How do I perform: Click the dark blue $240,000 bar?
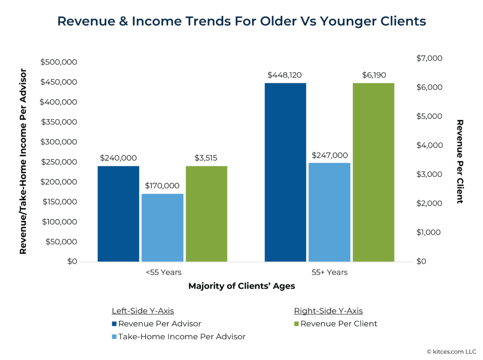118,213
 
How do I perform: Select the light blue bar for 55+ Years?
329,212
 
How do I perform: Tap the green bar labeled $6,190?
373,172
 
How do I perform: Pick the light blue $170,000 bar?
162,228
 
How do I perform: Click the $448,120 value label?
284,75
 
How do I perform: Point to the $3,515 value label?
206,158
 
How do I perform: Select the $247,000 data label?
329,155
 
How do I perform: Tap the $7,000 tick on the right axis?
429,58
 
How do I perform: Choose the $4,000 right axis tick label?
429,145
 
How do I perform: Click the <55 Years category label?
163,272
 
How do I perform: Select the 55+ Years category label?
329,272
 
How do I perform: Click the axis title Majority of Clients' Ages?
241,286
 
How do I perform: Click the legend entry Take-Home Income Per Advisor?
182,336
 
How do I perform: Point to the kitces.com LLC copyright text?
451,352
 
